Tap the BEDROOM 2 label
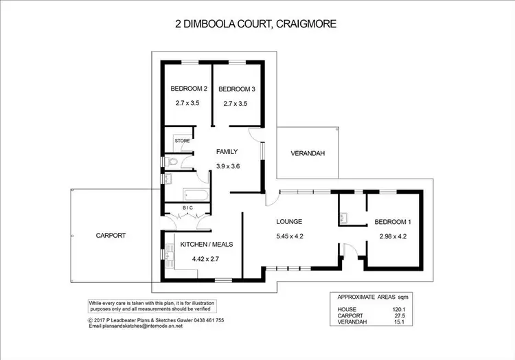coord(189,89)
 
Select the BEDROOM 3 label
coord(236,89)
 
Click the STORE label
coord(182,141)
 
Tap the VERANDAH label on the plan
coord(307,153)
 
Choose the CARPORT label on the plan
coord(111,235)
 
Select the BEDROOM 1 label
coord(393,222)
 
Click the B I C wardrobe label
coord(187,207)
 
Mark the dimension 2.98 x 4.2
coord(393,237)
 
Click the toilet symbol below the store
coord(172,162)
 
